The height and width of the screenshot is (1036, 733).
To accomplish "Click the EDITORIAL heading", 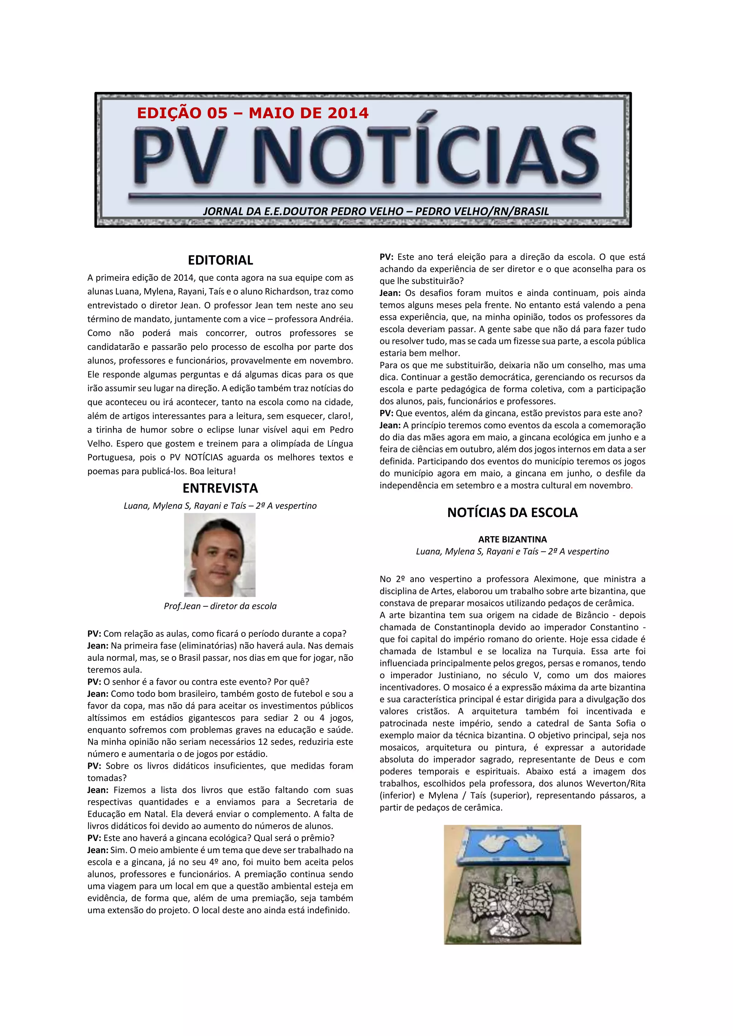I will (x=220, y=260).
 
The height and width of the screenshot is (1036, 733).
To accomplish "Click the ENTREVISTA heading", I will (x=220, y=488).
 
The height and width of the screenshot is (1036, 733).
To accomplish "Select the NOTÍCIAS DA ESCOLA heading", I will (x=512, y=513).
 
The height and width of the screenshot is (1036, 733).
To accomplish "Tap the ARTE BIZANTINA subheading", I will (x=512, y=539).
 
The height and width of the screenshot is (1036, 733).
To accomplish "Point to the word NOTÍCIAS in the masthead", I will (x=427, y=157).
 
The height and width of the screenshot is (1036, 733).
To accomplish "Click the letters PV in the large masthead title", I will (x=180, y=157).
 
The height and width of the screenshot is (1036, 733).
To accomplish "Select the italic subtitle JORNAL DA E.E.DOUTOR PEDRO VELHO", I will (x=375, y=211).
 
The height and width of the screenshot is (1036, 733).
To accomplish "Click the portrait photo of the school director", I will (x=220, y=554).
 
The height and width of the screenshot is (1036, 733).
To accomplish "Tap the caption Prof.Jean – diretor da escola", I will (x=220, y=606).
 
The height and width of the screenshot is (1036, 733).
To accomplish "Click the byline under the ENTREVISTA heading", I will (x=220, y=506).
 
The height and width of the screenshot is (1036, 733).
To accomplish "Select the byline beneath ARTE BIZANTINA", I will (x=512, y=551).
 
